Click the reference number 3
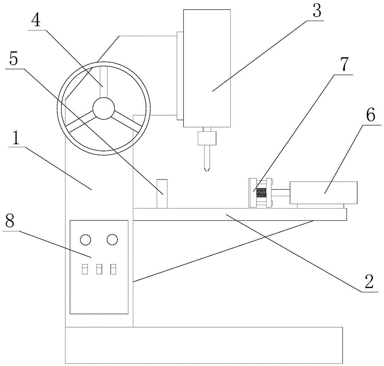317,10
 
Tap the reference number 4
36,19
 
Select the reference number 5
14,58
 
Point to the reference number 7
344,64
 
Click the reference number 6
371,115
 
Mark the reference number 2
369,282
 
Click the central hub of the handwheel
104,108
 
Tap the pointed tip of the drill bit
207,171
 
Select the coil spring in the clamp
261,193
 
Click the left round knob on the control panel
86,240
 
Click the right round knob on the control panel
112,240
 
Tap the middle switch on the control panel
99,269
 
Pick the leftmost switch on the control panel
85,269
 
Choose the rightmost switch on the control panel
113,269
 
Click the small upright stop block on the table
162,194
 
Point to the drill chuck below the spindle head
207,138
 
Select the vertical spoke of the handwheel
103,82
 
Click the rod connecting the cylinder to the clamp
281,192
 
